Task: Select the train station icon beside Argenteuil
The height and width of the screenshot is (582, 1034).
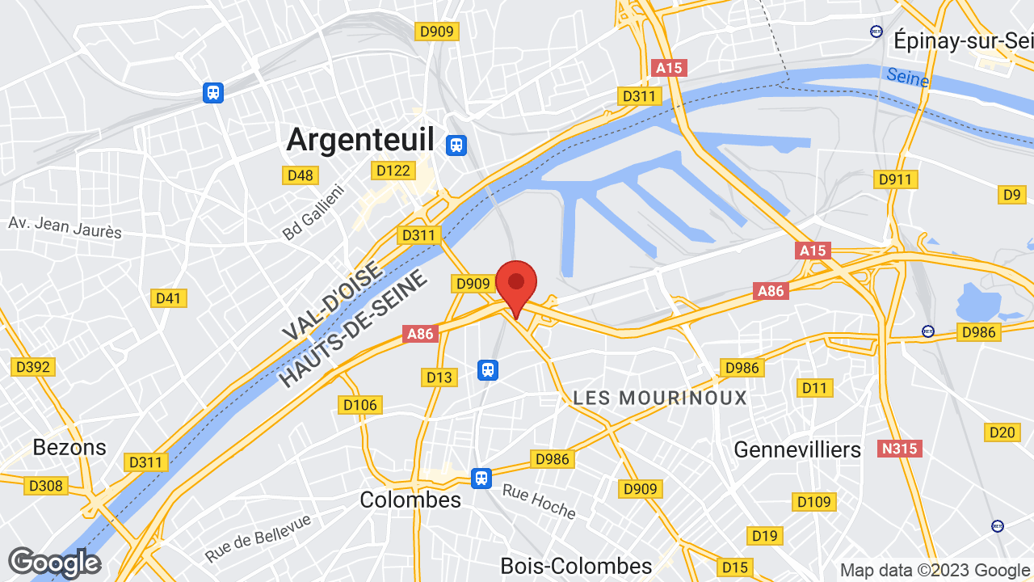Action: click(x=456, y=145)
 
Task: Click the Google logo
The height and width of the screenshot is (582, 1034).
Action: click(x=54, y=563)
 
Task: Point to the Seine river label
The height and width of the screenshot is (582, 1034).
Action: click(x=907, y=78)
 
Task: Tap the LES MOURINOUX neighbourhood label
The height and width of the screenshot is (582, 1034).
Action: click(x=660, y=398)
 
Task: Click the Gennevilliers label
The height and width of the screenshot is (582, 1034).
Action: click(x=797, y=449)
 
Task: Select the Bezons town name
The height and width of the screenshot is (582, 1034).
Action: click(x=69, y=447)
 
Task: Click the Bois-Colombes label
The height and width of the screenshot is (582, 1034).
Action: click(x=576, y=566)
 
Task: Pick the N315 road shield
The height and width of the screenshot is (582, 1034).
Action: click(x=899, y=448)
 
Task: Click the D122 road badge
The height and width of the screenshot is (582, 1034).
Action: click(x=393, y=171)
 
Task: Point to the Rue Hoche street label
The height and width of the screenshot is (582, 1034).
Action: click(x=539, y=501)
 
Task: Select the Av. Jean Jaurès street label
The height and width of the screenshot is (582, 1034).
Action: click(x=65, y=227)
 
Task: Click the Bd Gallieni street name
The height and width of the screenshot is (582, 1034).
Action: click(x=313, y=212)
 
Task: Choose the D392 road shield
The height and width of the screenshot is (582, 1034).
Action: click(x=33, y=367)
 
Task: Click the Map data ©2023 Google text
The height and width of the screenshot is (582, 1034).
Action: click(x=935, y=570)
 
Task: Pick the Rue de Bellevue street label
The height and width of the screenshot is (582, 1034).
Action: click(x=258, y=538)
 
